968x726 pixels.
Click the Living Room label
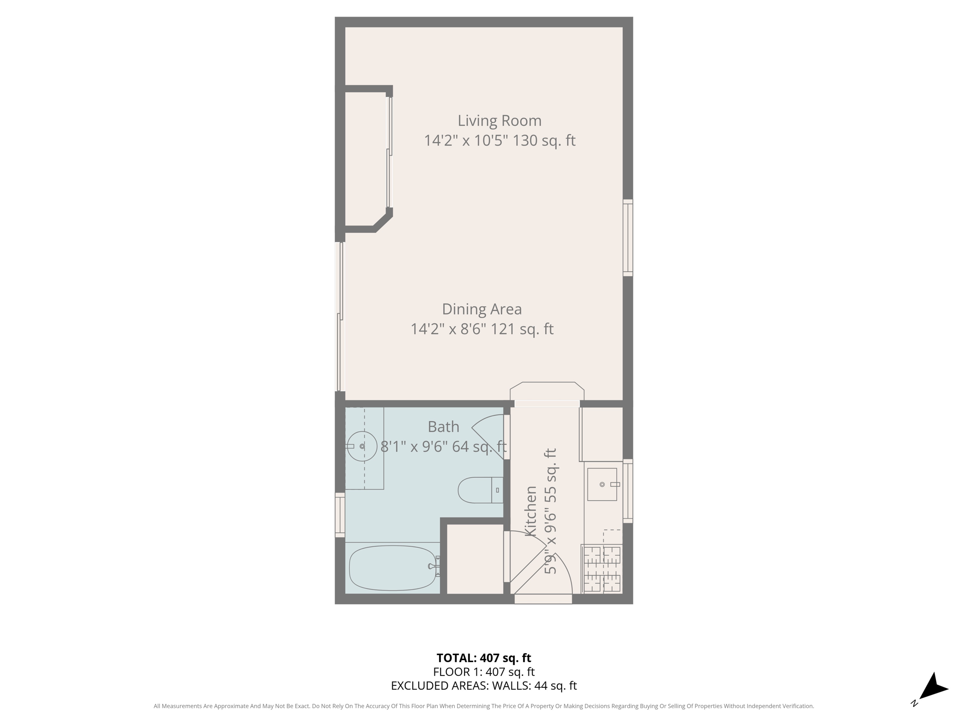(x=499, y=121)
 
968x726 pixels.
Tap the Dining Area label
(x=482, y=309)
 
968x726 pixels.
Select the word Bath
(x=443, y=427)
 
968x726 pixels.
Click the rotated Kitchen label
(x=531, y=511)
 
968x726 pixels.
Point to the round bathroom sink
(x=362, y=446)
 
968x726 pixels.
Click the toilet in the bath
(x=478, y=490)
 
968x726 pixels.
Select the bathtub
(x=392, y=568)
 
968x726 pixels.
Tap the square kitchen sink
(x=602, y=484)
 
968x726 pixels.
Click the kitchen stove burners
(x=602, y=569)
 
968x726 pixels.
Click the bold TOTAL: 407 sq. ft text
(x=484, y=658)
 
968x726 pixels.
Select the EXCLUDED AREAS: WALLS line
(x=484, y=685)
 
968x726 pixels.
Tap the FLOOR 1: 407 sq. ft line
(x=484, y=672)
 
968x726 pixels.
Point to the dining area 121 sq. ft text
(x=522, y=329)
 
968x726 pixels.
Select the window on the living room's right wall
(x=628, y=238)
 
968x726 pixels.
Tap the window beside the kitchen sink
(x=628, y=491)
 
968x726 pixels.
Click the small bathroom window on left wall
(x=340, y=515)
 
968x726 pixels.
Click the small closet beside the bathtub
(x=475, y=559)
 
